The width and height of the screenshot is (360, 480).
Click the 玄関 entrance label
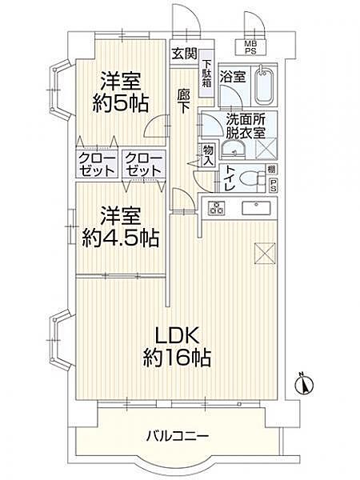click(x=183, y=54)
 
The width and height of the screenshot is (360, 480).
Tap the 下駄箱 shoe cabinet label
click(x=206, y=74)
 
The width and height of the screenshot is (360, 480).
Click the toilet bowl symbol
click(x=254, y=178)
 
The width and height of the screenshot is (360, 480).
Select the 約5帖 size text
click(x=121, y=103)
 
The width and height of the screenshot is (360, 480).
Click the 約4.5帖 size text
click(x=120, y=238)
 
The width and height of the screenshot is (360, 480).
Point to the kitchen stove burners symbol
click(x=216, y=210)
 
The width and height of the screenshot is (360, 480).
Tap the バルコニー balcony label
click(x=178, y=436)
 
